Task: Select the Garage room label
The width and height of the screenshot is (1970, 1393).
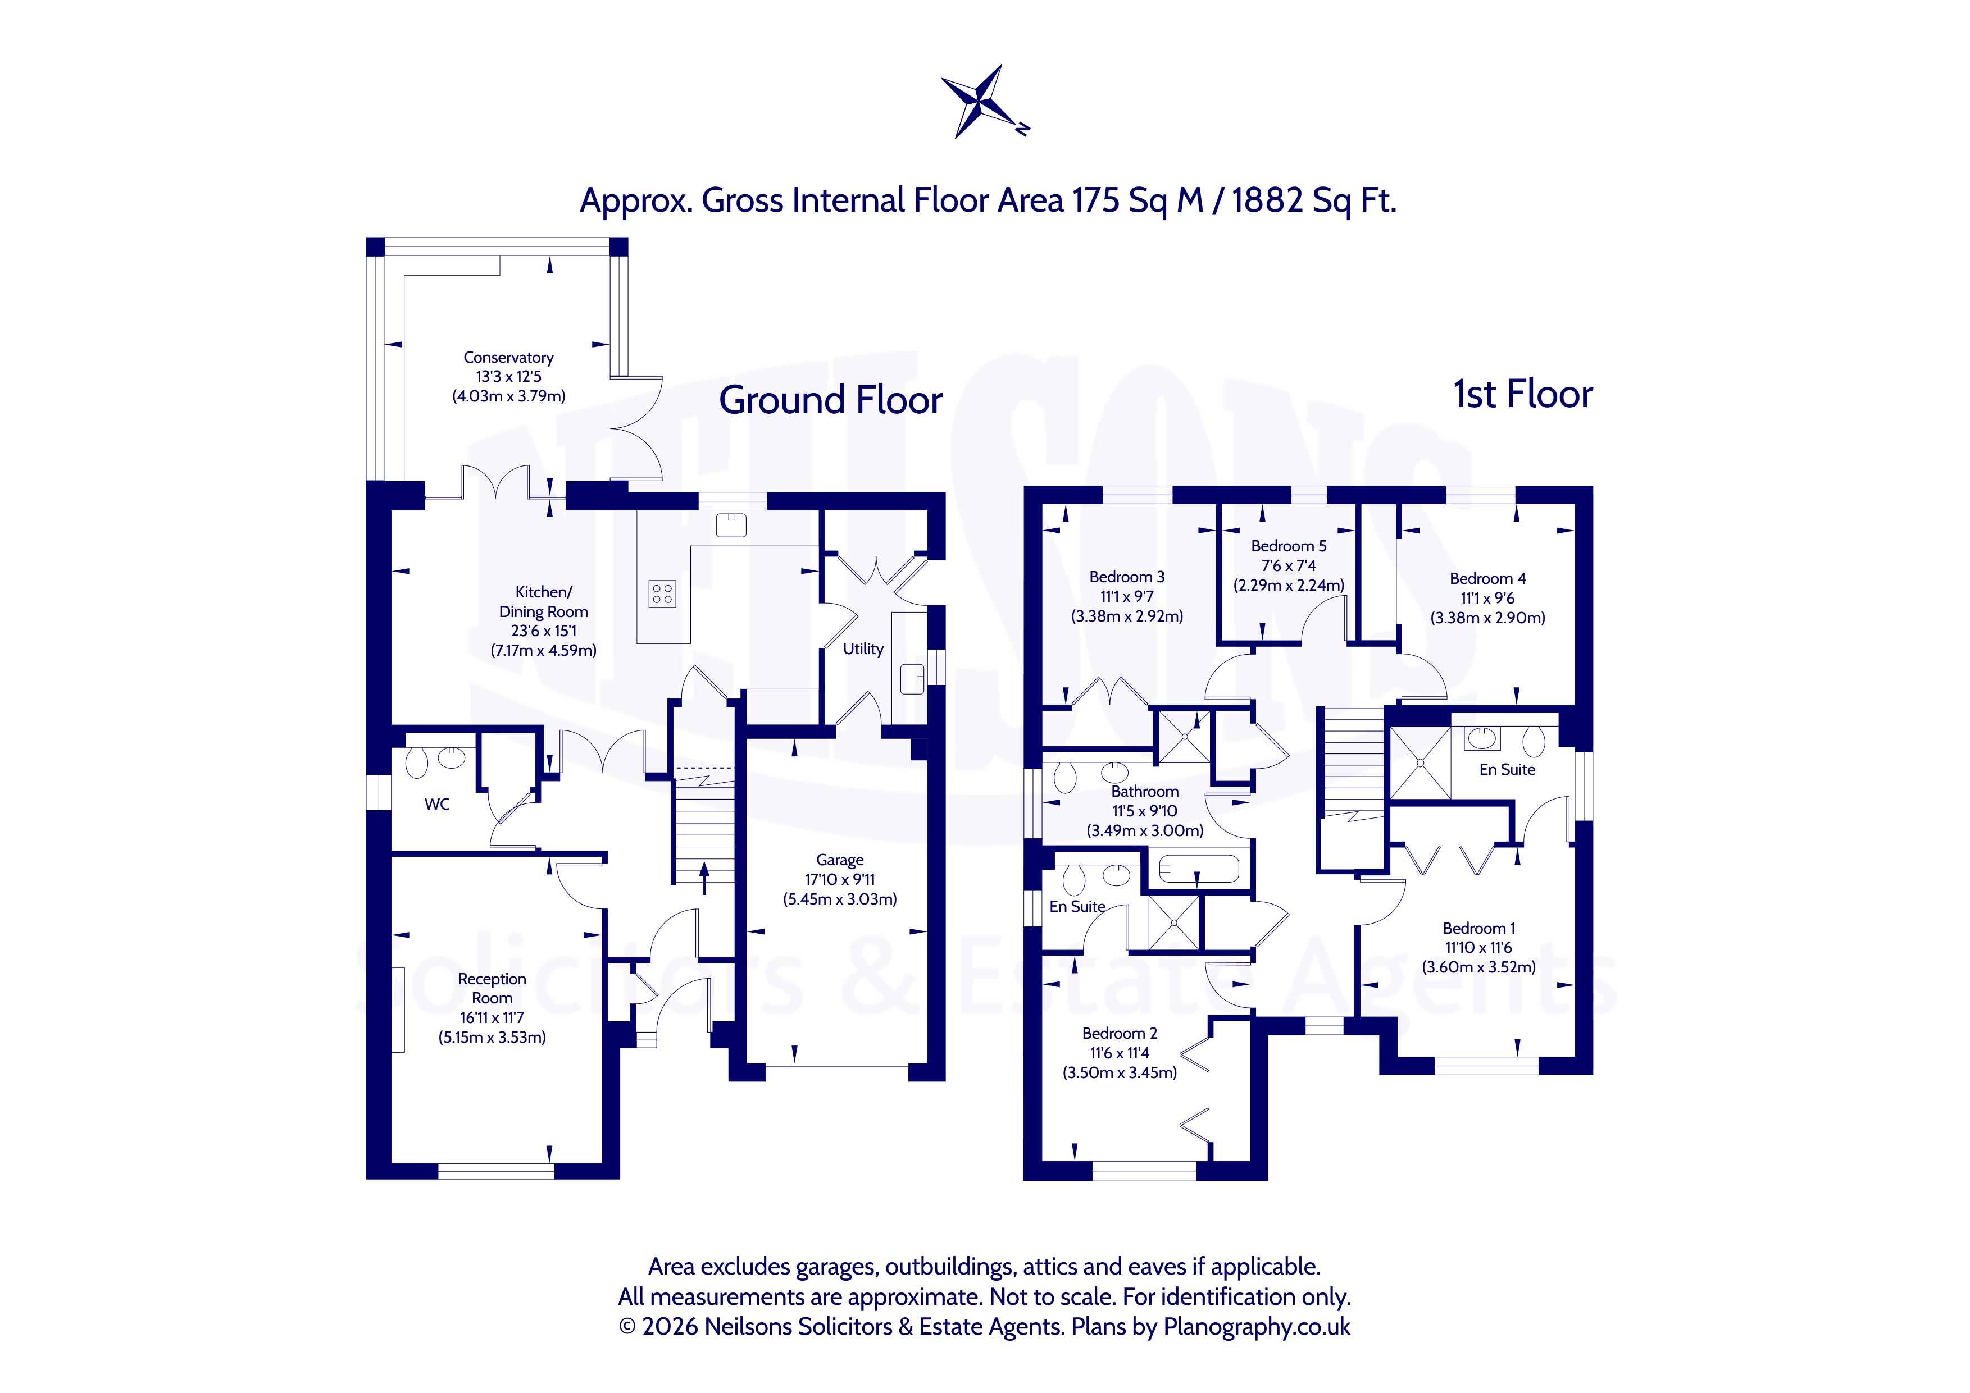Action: [839, 860]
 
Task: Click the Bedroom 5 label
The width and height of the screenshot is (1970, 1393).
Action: [1288, 546]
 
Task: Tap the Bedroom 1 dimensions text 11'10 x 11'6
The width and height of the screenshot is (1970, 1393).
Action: [1478, 947]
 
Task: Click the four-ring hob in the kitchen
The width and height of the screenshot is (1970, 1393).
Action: [662, 593]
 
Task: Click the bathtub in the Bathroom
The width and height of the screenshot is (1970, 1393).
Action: [1198, 869]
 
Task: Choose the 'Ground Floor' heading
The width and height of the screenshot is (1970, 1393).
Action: [831, 400]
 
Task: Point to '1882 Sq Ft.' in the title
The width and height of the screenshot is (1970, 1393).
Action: [1314, 200]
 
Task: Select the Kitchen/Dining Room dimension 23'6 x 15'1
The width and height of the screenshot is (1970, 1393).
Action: [543, 631]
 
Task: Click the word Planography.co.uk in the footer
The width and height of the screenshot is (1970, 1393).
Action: [1256, 1326]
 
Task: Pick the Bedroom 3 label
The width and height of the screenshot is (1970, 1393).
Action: [1127, 577]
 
